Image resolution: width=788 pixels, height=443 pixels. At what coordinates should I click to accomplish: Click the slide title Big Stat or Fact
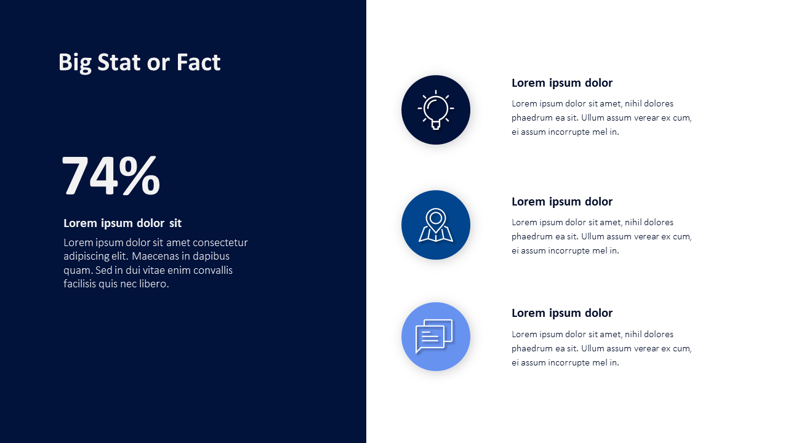click(x=139, y=63)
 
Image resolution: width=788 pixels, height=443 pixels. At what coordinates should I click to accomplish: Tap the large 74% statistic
click(x=111, y=175)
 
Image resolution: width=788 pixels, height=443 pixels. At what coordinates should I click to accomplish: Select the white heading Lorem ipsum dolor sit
click(x=123, y=223)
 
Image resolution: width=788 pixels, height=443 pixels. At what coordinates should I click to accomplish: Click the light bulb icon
click(x=435, y=110)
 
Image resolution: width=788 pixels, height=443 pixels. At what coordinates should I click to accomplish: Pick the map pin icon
click(x=435, y=225)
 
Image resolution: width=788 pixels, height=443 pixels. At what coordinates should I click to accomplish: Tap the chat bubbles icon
click(x=434, y=336)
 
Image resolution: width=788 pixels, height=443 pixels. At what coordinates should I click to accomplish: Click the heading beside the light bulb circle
click(x=562, y=83)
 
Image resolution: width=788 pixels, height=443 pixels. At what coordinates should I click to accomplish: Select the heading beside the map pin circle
click(x=562, y=202)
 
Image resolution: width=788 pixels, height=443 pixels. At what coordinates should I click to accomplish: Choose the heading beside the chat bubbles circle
click(x=562, y=313)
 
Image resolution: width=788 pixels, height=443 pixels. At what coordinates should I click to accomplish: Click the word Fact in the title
click(x=198, y=62)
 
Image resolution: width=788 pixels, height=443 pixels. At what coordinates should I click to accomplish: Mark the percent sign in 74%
click(x=140, y=175)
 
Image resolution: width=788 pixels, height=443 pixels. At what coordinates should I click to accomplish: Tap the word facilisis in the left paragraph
click(x=79, y=284)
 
